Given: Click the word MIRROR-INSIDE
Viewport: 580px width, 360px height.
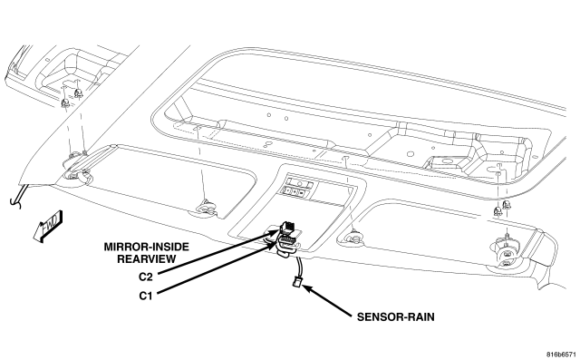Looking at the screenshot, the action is click(x=147, y=247).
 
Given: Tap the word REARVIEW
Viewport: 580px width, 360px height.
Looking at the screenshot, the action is click(x=147, y=259).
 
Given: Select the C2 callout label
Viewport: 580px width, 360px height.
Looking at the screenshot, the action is click(x=146, y=277).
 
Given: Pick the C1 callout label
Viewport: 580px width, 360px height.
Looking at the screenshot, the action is click(x=146, y=296).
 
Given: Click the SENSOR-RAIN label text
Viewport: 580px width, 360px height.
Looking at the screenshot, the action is click(x=396, y=317).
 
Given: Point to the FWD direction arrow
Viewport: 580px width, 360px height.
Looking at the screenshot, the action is click(x=47, y=226).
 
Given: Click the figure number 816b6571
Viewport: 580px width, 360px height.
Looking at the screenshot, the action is click(x=562, y=355).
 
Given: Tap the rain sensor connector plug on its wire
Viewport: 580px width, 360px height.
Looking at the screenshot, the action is click(x=297, y=282).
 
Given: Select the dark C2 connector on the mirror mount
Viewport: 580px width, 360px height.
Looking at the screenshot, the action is click(x=288, y=227).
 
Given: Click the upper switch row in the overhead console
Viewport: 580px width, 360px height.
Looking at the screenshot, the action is click(x=300, y=183).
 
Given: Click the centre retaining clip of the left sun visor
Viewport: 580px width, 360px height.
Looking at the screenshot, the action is click(x=207, y=207).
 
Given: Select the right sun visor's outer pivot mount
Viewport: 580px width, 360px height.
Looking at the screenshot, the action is click(x=506, y=253).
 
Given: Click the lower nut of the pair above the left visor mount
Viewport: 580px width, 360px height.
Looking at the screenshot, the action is click(x=65, y=104).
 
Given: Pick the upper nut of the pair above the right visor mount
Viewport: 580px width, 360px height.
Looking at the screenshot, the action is click(x=507, y=205).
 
